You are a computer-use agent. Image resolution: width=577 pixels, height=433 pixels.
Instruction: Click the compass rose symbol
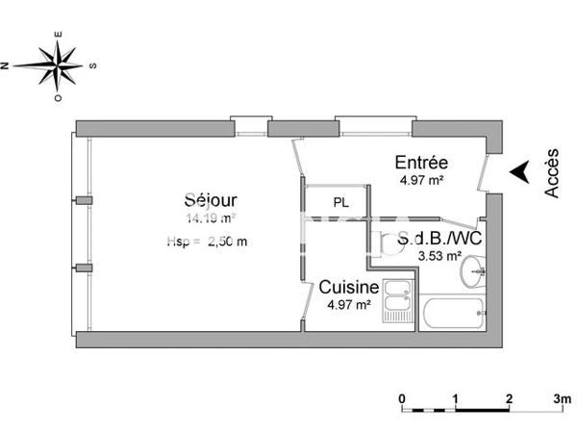[x=59, y=65]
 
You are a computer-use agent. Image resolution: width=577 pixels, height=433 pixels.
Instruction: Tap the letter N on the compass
[x=6, y=65]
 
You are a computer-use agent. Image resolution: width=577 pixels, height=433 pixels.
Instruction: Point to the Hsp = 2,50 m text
[x=206, y=242]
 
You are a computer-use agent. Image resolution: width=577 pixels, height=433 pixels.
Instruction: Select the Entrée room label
[x=421, y=162]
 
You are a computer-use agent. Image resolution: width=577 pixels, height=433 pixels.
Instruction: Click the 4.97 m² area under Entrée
[x=420, y=180]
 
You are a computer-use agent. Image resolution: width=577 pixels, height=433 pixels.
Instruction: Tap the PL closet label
[x=341, y=203]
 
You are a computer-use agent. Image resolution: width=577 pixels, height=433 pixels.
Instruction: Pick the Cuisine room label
[x=348, y=287]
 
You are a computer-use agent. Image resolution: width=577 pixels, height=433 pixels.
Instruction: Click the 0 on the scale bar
[x=403, y=397]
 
